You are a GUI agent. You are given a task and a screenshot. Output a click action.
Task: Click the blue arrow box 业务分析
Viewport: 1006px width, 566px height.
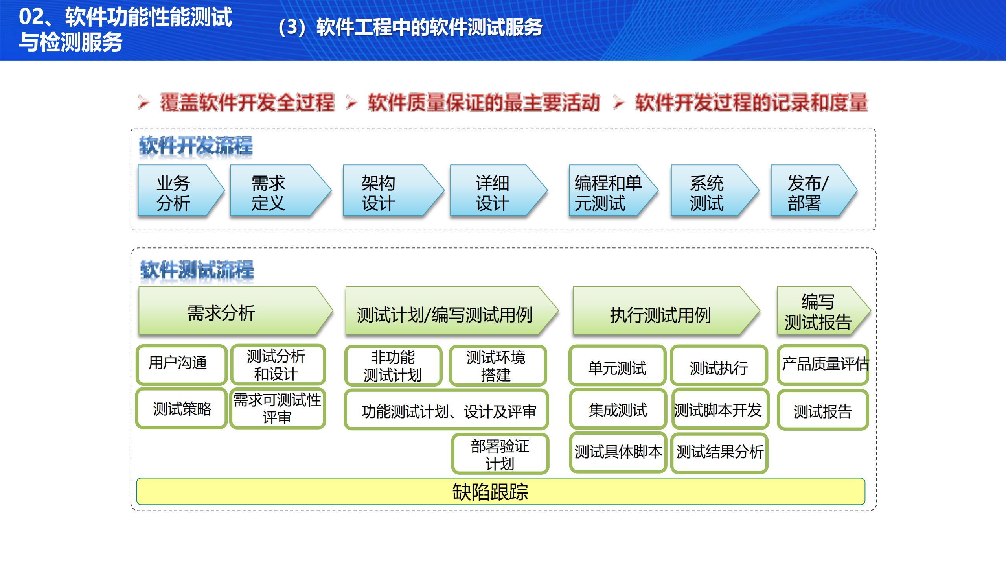pyautogui.click(x=177, y=191)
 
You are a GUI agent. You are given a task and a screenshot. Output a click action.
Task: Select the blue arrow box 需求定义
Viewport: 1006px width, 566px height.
pyautogui.click(x=275, y=191)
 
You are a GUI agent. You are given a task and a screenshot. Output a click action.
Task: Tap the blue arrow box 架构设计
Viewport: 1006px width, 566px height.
pyautogui.click(x=387, y=191)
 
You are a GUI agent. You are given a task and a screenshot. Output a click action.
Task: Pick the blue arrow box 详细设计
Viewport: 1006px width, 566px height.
pyautogui.click(x=493, y=191)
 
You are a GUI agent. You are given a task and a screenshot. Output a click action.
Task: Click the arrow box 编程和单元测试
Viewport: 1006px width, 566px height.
pyautogui.click(x=607, y=191)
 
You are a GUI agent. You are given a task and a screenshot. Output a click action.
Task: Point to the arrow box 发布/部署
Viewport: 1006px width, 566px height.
pyautogui.click(x=808, y=191)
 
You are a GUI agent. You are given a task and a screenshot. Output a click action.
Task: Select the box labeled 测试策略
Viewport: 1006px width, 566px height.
pyautogui.click(x=182, y=409)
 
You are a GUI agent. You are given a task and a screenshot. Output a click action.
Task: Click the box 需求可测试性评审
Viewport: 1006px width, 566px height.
pyautogui.click(x=277, y=409)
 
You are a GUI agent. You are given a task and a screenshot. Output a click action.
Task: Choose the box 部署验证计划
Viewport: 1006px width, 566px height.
pyautogui.click(x=500, y=454)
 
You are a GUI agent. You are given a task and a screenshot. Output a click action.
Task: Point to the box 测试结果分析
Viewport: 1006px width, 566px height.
pyautogui.click(x=719, y=453)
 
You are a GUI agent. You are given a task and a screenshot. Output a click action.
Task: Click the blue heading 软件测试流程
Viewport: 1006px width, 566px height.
pyautogui.click(x=197, y=270)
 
